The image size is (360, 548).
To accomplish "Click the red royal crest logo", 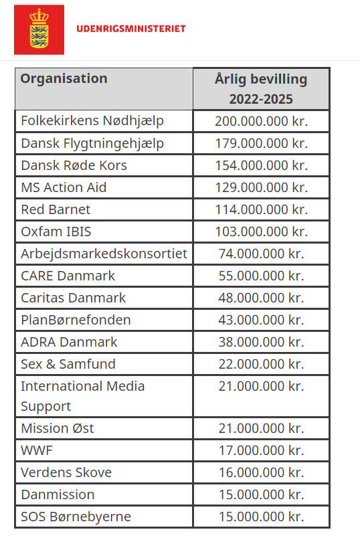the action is (39, 29).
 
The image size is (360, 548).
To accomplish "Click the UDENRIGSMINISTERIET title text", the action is (131, 29).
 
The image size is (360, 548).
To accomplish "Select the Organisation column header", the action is (64, 78).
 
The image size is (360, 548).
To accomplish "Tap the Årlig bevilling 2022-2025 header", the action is (261, 89).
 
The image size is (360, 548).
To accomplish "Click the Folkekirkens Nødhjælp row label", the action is (92, 121).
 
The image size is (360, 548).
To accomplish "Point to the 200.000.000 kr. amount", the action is (261, 121).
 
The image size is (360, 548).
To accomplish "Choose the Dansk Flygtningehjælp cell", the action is (92, 143).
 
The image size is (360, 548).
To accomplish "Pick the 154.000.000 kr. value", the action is (261, 165).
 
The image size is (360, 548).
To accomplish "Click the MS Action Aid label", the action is (64, 187).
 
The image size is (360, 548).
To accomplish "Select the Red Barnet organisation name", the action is (56, 209).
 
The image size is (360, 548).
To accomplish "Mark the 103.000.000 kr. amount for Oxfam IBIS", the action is (261, 232).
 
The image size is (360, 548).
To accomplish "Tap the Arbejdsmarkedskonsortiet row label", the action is (104, 254).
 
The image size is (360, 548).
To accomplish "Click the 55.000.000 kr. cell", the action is (261, 276).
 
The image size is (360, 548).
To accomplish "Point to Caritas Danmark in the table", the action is (73, 298).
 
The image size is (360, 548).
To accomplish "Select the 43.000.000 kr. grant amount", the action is (261, 320).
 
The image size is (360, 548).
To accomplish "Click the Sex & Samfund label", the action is (68, 364).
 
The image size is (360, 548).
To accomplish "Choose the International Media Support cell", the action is (82, 396).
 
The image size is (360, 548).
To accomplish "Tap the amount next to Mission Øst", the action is (261, 428).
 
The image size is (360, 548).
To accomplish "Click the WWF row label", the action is (37, 450).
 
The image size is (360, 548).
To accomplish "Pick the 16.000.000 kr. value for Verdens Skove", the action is (261, 472).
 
